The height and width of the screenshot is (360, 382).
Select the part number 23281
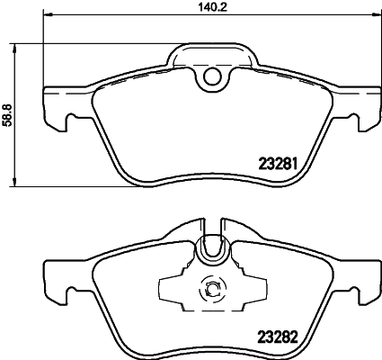[279, 165]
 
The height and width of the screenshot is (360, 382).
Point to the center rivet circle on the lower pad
[213, 289]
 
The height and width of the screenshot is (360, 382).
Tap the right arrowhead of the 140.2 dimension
[377, 15]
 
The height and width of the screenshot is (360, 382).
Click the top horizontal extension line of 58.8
[90, 42]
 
